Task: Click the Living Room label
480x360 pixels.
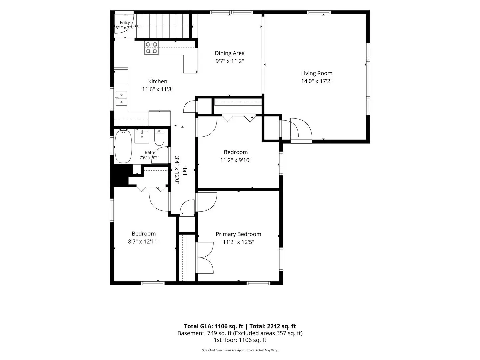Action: (316, 73)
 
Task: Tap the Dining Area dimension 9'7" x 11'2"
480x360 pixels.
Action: (230, 61)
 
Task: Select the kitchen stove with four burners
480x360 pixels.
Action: (151, 48)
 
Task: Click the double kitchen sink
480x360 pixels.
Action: (121, 98)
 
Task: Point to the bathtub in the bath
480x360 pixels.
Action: (123, 146)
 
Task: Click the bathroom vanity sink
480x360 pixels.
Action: (142, 136)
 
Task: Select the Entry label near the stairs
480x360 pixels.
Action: (125, 23)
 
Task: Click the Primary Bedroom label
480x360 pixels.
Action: (238, 234)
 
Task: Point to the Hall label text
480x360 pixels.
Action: (185, 170)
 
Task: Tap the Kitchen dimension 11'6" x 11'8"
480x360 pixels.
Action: (158, 89)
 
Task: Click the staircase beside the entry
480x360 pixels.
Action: (163, 26)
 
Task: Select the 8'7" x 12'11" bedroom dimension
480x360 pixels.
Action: (144, 242)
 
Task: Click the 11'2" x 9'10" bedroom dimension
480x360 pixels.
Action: (236, 160)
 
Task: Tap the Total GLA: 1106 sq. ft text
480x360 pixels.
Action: (213, 326)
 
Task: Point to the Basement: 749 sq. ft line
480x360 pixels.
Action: (240, 333)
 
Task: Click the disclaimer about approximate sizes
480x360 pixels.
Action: (240, 350)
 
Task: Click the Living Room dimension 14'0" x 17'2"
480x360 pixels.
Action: (317, 81)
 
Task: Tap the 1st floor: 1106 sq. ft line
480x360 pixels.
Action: (240, 340)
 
